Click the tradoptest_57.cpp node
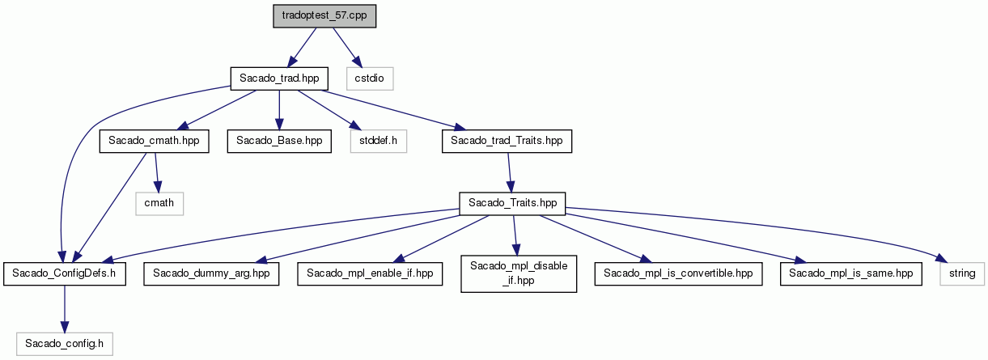324,16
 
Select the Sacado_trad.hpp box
279,78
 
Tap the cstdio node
370,78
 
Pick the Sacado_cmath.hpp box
154,142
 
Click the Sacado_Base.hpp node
279,142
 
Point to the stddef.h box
379,142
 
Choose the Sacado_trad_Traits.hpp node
507,142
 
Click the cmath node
159,203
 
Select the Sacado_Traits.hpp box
512,203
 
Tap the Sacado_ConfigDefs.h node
65,273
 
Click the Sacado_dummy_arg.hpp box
211,273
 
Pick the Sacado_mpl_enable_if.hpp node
370,273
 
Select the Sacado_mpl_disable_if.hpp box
519,273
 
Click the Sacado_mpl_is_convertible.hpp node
678,273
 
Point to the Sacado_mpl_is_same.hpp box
850,273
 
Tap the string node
962,273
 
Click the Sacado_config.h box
65,344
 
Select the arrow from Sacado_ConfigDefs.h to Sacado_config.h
65,309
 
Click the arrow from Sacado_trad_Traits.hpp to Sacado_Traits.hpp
510,172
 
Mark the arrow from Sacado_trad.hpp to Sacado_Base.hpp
279,110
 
